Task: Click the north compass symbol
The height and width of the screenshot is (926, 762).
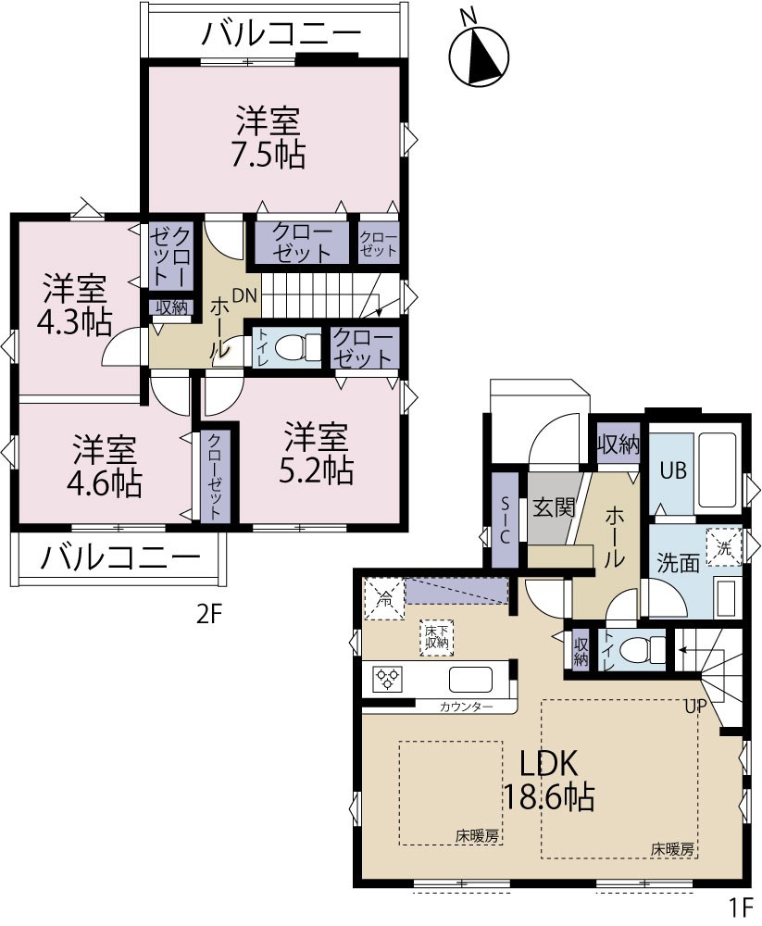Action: [x=479, y=55]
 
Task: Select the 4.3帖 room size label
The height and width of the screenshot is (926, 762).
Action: [x=74, y=322]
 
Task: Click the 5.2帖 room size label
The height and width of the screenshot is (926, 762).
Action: [x=316, y=470]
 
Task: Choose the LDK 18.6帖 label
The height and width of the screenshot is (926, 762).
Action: [x=549, y=780]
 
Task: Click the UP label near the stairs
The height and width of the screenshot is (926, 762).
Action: [x=695, y=706]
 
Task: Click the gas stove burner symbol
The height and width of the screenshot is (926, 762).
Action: [x=388, y=678]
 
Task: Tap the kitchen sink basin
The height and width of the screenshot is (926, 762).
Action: [x=470, y=679]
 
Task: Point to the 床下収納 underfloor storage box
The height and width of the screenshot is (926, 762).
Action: [x=437, y=637]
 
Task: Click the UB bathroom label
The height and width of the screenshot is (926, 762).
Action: [x=673, y=470]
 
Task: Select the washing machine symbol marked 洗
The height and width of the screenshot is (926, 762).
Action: [x=724, y=547]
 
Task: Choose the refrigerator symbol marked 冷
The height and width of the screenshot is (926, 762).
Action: [x=384, y=599]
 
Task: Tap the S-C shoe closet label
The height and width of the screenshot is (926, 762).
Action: [x=505, y=519]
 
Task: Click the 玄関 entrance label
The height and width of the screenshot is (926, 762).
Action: [x=554, y=507]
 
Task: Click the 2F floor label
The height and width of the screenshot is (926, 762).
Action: [x=208, y=616]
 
